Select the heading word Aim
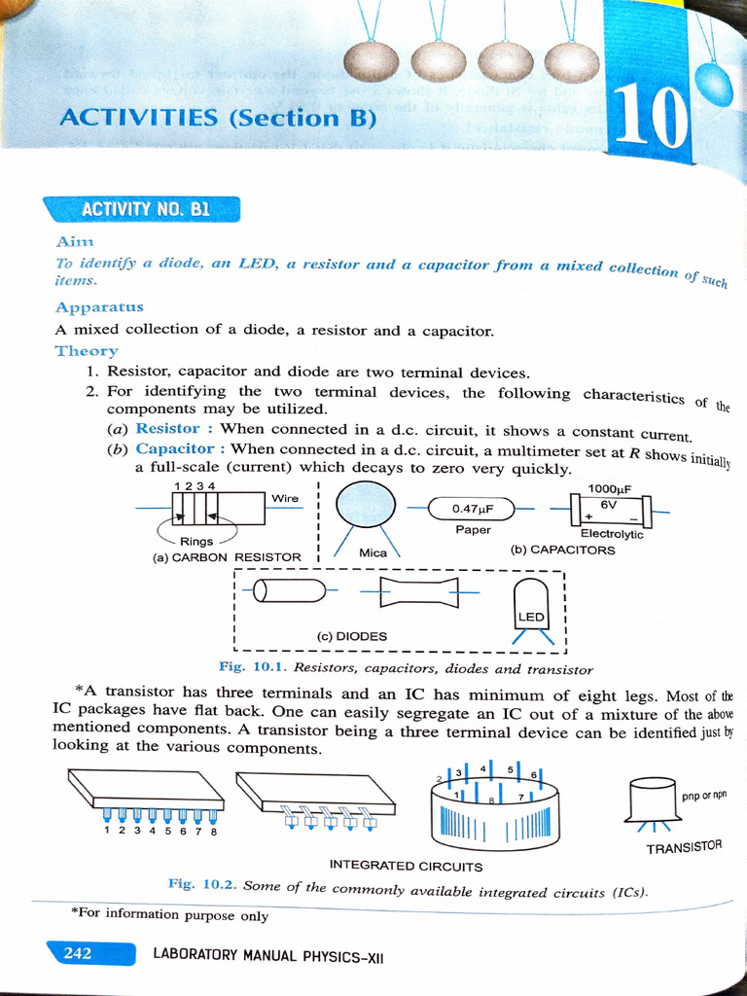click(75, 241)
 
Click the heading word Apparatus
click(99, 307)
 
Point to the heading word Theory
click(87, 350)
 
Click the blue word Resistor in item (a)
click(167, 428)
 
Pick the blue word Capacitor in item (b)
click(174, 448)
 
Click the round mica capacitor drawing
click(366, 507)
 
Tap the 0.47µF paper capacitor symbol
click(472, 508)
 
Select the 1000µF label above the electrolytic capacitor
click(610, 488)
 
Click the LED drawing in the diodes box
click(531, 608)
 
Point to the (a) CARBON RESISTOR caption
click(227, 557)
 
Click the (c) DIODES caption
click(352, 636)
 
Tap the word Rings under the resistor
click(196, 541)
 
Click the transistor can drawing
click(652, 800)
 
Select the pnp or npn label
click(704, 795)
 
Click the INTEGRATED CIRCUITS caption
click(406, 865)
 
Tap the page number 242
click(78, 953)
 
